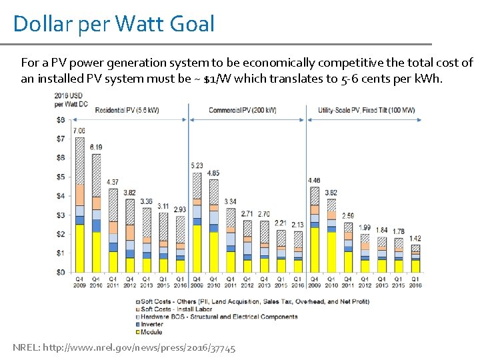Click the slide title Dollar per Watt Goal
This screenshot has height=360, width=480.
114,25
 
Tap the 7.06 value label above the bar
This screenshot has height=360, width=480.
79,131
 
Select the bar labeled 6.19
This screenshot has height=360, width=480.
96,213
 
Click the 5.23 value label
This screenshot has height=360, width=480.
197,165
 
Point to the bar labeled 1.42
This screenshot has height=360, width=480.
415,259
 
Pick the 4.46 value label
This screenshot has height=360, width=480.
314,180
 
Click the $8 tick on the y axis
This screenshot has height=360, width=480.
61,120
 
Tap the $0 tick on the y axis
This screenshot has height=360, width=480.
61,272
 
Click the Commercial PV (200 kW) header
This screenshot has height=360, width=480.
243,109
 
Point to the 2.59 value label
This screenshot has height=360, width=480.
348,216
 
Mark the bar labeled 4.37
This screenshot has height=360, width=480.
113,231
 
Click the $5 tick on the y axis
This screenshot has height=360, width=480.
61,177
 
